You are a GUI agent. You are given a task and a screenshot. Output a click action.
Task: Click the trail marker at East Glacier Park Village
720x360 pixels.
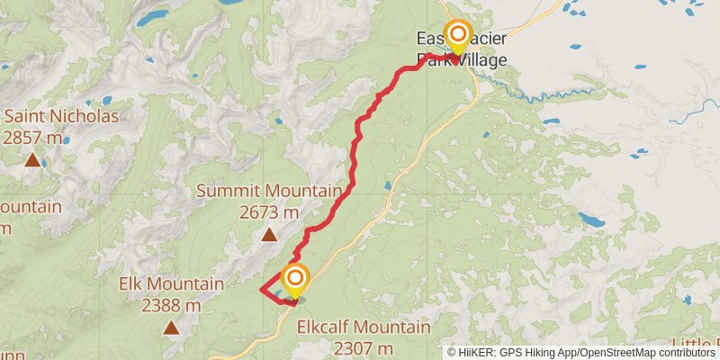(458, 37)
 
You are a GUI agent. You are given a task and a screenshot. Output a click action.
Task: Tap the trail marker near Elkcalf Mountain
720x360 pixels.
(294, 280)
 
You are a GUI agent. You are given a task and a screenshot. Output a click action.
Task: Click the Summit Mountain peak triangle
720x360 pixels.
(268, 236)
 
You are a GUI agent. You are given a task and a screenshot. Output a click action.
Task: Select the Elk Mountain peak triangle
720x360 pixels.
(171, 328)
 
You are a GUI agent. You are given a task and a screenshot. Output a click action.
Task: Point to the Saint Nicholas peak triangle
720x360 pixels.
(32, 161)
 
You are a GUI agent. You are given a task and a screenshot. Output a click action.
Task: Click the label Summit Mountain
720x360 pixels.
(269, 191)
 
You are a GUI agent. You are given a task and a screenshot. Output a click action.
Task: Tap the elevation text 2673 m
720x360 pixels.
(269, 212)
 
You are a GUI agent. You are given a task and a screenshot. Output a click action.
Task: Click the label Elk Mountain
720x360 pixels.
(171, 284)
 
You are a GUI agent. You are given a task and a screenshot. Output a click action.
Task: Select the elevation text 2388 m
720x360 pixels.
(171, 305)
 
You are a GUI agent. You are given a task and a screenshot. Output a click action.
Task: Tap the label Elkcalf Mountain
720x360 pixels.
(363, 327)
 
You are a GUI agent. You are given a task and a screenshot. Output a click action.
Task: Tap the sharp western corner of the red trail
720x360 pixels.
(261, 289)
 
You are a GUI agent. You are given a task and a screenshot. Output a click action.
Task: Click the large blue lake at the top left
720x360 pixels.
(155, 15)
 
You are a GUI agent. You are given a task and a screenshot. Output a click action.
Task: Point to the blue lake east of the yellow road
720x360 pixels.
(591, 219)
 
